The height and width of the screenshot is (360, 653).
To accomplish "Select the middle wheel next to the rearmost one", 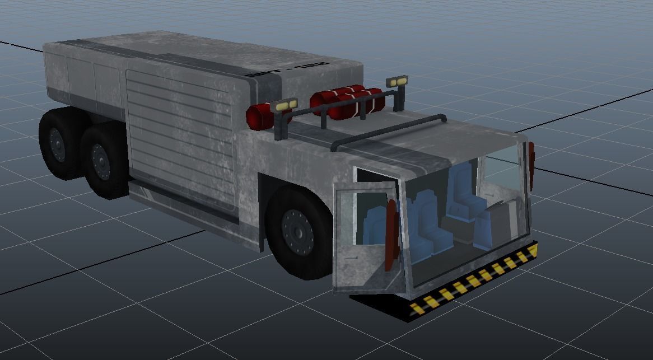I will (x=101, y=160).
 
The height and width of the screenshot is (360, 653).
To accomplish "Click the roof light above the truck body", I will (x=284, y=105).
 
